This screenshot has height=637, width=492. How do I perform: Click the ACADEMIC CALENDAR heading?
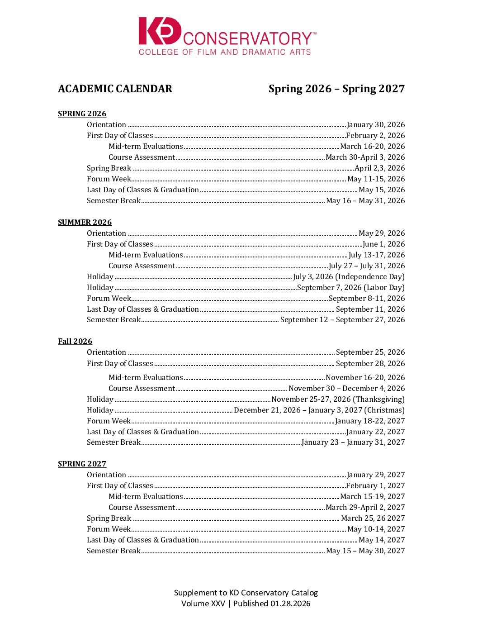click(115, 89)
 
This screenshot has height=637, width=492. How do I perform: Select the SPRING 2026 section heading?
click(82, 114)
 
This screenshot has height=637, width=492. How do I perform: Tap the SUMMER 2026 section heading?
click(85, 222)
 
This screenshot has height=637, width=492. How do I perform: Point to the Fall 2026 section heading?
click(75, 341)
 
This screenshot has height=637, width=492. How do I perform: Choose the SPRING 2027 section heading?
click(82, 464)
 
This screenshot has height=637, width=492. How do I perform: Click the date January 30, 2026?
click(376, 125)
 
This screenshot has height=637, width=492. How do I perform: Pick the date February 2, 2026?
click(375, 136)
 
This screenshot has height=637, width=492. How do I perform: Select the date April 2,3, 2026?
click(380, 168)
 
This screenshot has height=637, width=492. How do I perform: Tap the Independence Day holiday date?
click(349, 277)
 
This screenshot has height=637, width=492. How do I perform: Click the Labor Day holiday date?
click(351, 288)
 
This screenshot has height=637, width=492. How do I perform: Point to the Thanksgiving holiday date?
click(338, 399)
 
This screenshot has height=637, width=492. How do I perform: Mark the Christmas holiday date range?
click(319, 410)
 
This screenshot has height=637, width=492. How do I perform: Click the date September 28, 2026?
click(370, 364)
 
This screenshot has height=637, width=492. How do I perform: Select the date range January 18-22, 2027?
click(370, 421)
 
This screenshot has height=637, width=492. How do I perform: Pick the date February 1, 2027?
click(375, 486)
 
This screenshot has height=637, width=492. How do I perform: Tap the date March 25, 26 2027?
click(373, 518)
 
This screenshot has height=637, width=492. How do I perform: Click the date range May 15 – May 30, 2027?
click(365, 551)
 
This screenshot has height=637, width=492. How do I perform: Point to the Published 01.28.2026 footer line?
click(246, 604)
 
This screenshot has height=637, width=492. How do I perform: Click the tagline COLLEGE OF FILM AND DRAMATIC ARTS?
click(225, 52)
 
